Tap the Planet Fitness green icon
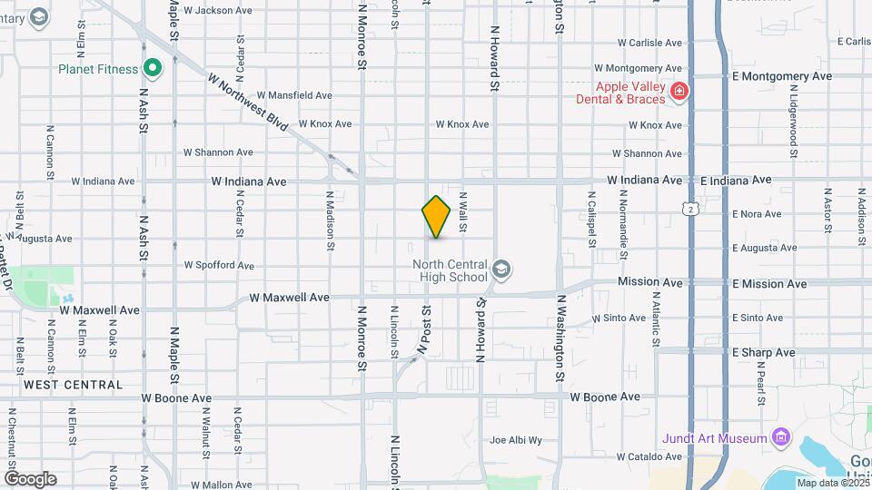(x=153, y=68)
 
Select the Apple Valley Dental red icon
(x=679, y=91)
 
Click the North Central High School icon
(x=502, y=269)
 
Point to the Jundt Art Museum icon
(x=780, y=438)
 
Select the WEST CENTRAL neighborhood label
(x=74, y=385)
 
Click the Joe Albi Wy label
(x=516, y=441)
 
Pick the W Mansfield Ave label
(x=294, y=95)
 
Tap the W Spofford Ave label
(x=219, y=266)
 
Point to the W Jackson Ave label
(x=218, y=11)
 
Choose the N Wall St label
(x=462, y=211)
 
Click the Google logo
(x=30, y=478)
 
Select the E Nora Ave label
(x=757, y=214)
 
